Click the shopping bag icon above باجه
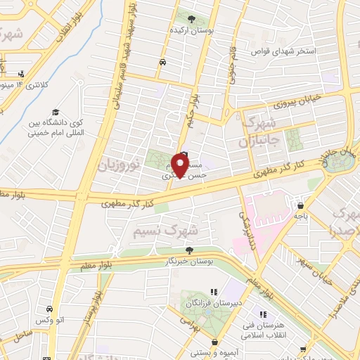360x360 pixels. tap(300, 206)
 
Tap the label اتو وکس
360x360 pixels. tap(50, 321)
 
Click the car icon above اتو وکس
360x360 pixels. tap(49, 309)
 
